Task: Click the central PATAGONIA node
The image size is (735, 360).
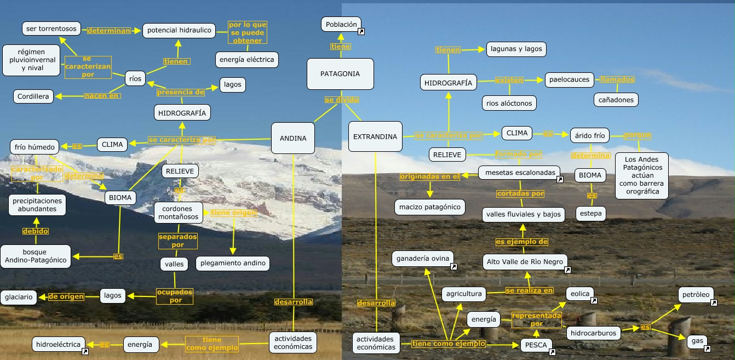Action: (340, 74)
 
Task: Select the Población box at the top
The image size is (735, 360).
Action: (341, 24)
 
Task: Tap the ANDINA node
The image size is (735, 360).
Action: (293, 138)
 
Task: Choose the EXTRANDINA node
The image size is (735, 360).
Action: (375, 136)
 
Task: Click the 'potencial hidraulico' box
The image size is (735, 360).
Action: (179, 30)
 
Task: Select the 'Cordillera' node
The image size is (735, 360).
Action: (33, 96)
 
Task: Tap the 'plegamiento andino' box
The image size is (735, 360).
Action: (233, 263)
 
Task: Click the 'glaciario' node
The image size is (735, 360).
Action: (19, 298)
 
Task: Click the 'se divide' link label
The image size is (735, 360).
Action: (341, 100)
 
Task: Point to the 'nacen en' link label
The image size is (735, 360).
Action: (102, 96)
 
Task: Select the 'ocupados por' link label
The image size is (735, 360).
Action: (175, 296)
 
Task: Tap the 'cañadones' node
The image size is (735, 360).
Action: (616, 100)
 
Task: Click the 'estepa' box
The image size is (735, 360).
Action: (591, 213)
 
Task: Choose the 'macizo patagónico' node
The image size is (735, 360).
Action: (430, 207)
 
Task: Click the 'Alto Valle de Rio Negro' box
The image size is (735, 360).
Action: (525, 262)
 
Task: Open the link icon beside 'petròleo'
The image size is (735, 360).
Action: (714, 302)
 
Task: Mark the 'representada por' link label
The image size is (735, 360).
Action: (536, 319)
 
